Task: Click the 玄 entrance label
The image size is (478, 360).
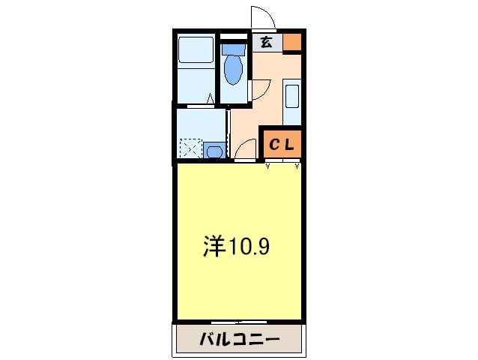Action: click(266, 43)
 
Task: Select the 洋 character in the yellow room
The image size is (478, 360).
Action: click(215, 247)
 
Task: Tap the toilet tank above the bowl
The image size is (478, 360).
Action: click(234, 50)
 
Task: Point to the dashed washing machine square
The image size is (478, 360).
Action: click(190, 149)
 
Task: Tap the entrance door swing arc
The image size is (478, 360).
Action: click(263, 16)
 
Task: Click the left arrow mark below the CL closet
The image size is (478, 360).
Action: click(268, 166)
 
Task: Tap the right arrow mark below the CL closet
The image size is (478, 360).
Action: click(297, 166)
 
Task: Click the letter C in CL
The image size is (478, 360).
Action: click(274, 145)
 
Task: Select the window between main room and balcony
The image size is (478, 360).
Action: click(239, 322)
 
